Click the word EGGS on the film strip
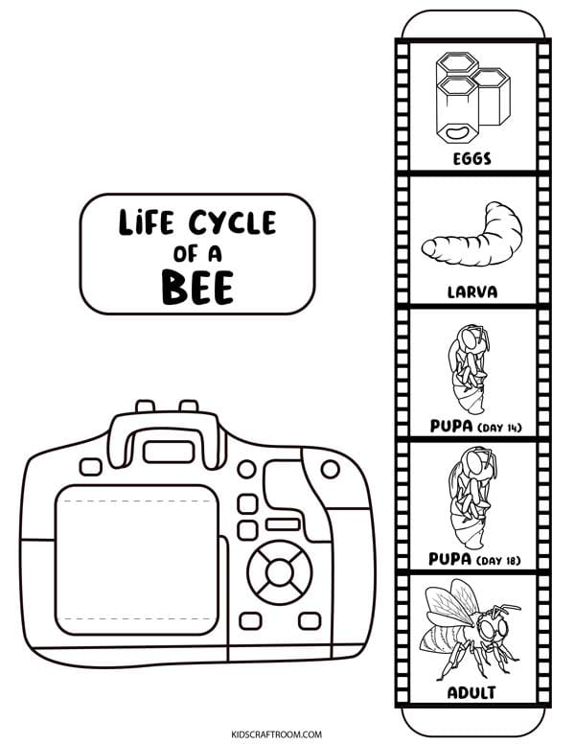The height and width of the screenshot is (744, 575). pyautogui.click(x=472, y=158)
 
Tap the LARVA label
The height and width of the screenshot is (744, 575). pyautogui.click(x=472, y=291)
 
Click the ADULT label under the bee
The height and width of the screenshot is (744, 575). pyautogui.click(x=471, y=693)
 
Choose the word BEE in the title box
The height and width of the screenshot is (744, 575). pyautogui.click(x=197, y=287)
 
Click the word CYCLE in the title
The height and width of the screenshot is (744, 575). pyautogui.click(x=233, y=222)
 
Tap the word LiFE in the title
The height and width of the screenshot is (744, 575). pyautogui.click(x=146, y=222)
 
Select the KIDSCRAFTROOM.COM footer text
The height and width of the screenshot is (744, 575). pyautogui.click(x=277, y=734)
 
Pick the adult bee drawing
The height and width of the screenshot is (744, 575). pyautogui.click(x=470, y=629)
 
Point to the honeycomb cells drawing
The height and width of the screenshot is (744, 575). pyautogui.click(x=472, y=97)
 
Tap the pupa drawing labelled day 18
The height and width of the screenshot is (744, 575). pyautogui.click(x=472, y=498)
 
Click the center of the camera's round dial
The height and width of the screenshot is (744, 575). pyautogui.click(x=280, y=572)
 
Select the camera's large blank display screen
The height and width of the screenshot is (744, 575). pyautogui.click(x=137, y=559)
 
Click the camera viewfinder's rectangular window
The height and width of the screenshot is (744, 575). pyautogui.click(x=169, y=452)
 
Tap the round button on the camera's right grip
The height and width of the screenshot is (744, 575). pyautogui.click(x=330, y=469)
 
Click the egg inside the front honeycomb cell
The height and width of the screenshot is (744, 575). pyautogui.click(x=456, y=132)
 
